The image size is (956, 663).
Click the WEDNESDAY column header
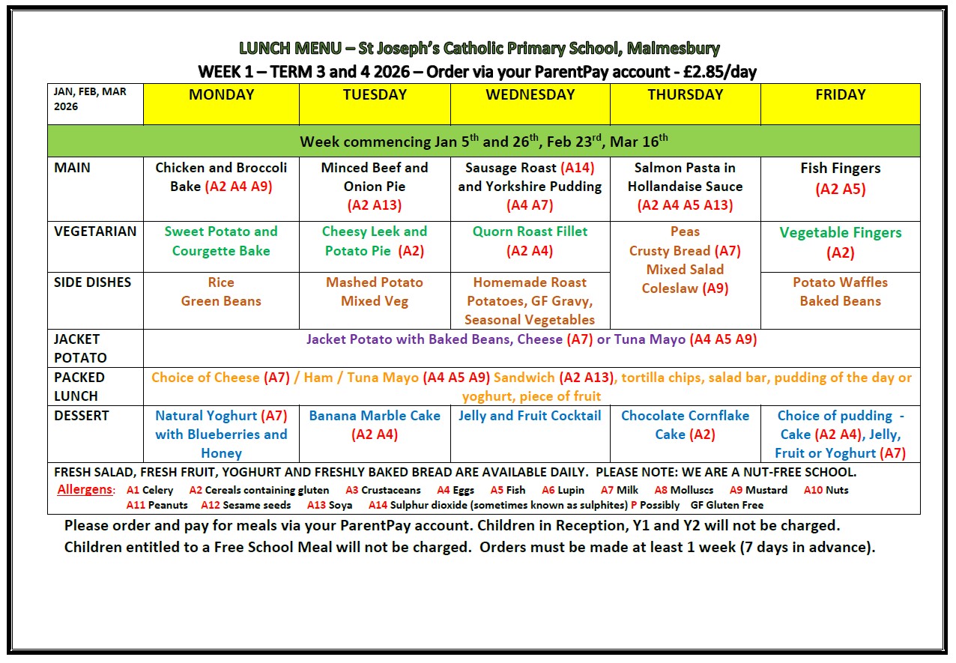[x=530, y=95]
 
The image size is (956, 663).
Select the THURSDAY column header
[x=685, y=95]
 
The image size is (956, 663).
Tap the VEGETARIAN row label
[x=95, y=231]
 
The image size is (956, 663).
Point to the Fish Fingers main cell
[x=840, y=178]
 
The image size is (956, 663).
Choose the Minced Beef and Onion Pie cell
[x=375, y=186]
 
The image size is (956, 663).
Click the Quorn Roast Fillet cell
[x=530, y=241]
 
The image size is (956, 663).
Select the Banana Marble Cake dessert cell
[x=375, y=425]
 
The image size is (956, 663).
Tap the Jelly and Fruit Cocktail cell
[x=530, y=416]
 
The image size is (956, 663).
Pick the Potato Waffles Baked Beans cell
[x=840, y=291]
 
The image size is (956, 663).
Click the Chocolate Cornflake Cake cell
[x=685, y=425]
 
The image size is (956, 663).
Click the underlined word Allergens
[x=86, y=490]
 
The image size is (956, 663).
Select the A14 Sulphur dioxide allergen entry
[x=497, y=505]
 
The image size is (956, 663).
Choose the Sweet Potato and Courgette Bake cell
[x=221, y=241]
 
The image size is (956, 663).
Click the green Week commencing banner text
[x=483, y=141]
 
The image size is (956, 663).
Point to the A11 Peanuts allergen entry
[x=157, y=505]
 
